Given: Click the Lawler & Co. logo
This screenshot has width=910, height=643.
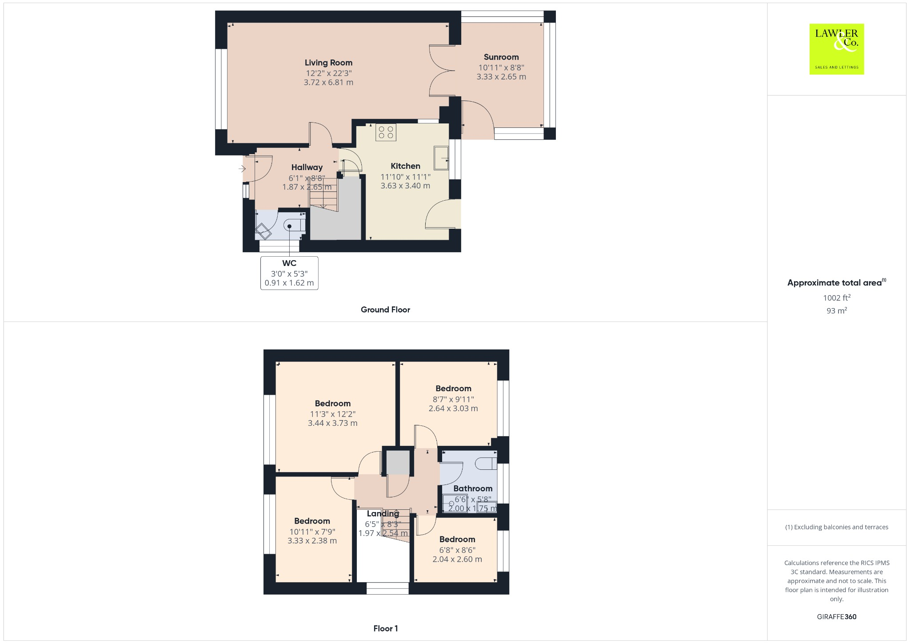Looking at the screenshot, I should pos(836,49).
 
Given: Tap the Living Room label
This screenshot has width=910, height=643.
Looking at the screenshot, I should pos(328,63).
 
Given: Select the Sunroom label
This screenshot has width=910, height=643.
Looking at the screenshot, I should pos(501,57).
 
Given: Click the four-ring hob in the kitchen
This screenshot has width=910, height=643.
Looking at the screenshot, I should pos(386,132).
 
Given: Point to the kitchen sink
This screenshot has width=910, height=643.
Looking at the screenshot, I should pos(441,157).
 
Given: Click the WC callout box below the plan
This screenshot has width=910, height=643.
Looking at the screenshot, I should pos(289,273).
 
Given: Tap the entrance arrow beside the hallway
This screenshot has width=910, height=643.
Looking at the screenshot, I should pos(242,169).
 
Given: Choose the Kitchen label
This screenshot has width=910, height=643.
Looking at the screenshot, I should pos(405,166).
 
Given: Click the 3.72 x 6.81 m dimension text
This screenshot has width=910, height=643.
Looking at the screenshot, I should pos(328,83).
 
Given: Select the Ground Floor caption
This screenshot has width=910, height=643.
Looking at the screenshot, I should pos(385,310).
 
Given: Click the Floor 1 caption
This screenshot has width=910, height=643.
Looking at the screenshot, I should pos(385,628).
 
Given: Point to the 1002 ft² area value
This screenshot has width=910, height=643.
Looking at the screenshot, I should pos(837,298).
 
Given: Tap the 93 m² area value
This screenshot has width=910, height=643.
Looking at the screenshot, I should pos(837,311).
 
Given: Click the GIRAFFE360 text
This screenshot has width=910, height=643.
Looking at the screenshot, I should pos(836,616).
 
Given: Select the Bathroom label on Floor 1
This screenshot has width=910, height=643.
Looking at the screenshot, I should pos(473,488).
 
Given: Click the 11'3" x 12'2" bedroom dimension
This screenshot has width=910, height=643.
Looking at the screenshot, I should pos(333,414).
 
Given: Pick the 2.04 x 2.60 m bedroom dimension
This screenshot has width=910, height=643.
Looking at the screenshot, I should pos(457,559).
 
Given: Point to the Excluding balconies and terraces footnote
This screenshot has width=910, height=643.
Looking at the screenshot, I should pos(836,527).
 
